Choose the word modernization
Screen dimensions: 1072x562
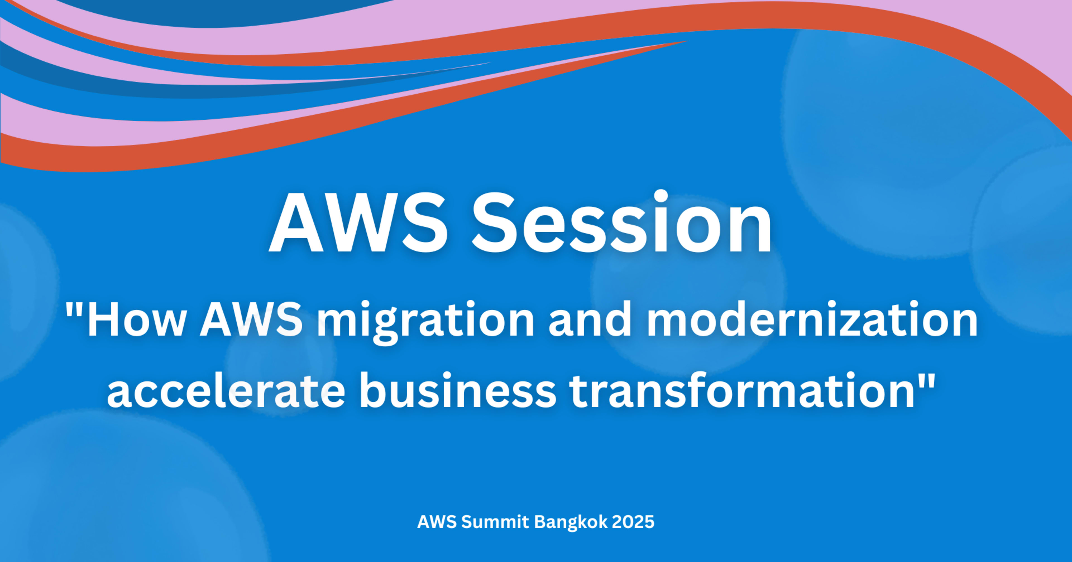[x=812, y=319]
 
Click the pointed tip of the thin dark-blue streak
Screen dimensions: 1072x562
[x=491, y=63]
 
